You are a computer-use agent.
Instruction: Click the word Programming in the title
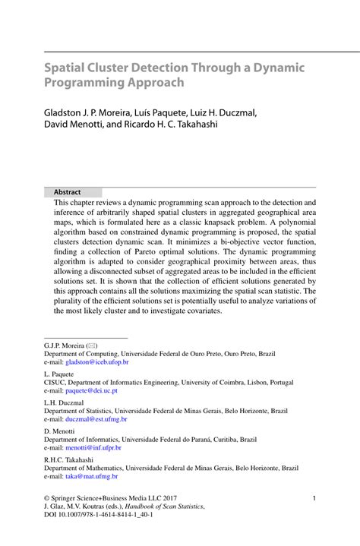(x=84, y=83)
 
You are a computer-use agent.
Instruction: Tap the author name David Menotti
(x=74, y=125)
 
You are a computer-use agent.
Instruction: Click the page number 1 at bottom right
(x=314, y=498)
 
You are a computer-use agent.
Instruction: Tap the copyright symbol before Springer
(x=47, y=498)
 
